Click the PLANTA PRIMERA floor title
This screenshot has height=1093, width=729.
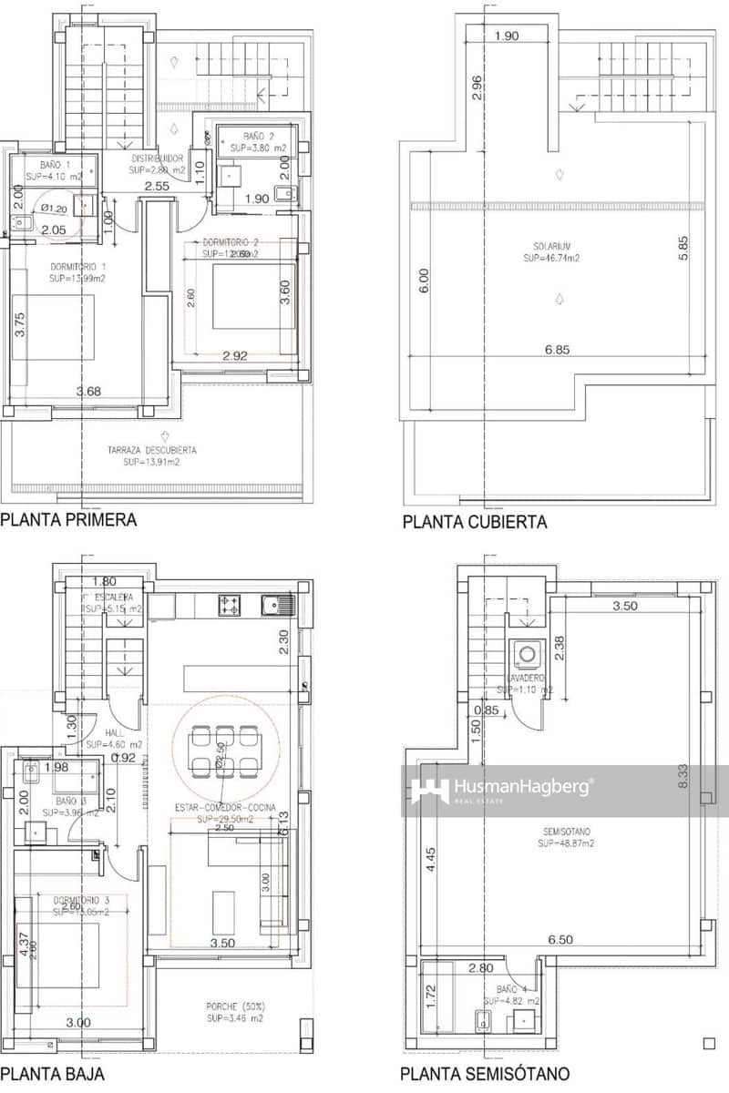point(68,520)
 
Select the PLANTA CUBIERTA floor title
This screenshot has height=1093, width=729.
point(475,522)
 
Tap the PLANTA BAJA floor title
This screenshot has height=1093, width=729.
point(52,1073)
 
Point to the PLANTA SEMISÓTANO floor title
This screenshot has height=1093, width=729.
point(486,1074)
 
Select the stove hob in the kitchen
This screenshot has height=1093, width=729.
point(228,603)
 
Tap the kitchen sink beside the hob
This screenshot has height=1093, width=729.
point(273,603)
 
